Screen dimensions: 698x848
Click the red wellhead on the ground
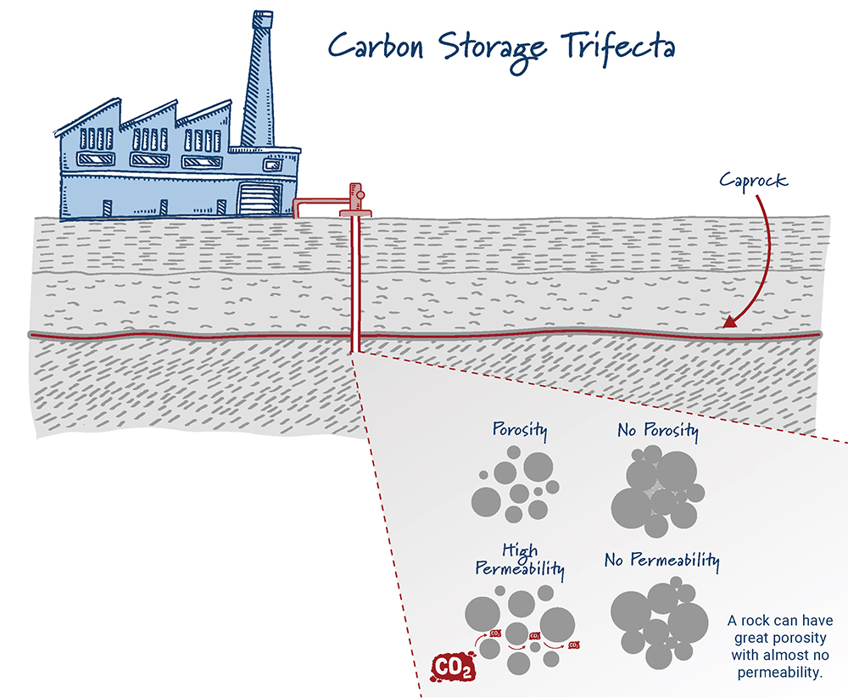pos(355,200)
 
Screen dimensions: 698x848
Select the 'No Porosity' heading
pos(658,432)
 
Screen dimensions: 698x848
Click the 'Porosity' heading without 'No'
pos(520,430)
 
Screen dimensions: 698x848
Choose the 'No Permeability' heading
pos(662,561)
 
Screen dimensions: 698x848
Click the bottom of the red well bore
pos(355,349)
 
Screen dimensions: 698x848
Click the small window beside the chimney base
pos(272,166)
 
